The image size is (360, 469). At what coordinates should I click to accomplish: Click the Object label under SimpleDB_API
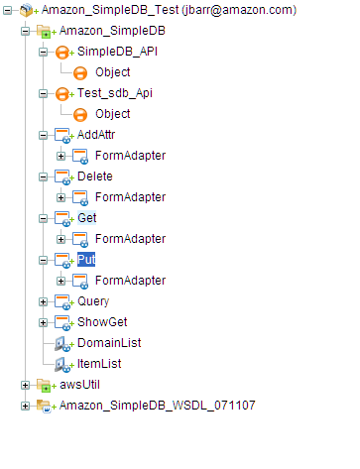(x=112, y=72)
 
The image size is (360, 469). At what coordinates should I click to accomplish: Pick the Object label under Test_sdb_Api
(x=112, y=114)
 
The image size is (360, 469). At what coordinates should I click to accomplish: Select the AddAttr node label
(x=97, y=135)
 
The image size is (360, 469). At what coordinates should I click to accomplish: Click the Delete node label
(x=95, y=176)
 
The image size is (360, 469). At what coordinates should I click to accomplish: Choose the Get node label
(x=86, y=218)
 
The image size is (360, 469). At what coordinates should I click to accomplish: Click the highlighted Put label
(x=86, y=260)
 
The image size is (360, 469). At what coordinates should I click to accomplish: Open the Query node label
(x=93, y=301)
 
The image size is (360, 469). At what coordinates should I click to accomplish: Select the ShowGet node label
(x=99, y=322)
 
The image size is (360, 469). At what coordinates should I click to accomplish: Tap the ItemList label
(x=97, y=364)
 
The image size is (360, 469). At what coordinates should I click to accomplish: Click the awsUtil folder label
(x=78, y=385)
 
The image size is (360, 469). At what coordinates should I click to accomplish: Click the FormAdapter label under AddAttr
(x=130, y=156)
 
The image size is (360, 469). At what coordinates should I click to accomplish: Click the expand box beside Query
(x=43, y=301)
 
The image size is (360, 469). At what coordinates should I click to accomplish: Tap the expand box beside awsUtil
(x=25, y=385)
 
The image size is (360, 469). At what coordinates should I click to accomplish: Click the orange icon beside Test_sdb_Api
(x=61, y=93)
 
